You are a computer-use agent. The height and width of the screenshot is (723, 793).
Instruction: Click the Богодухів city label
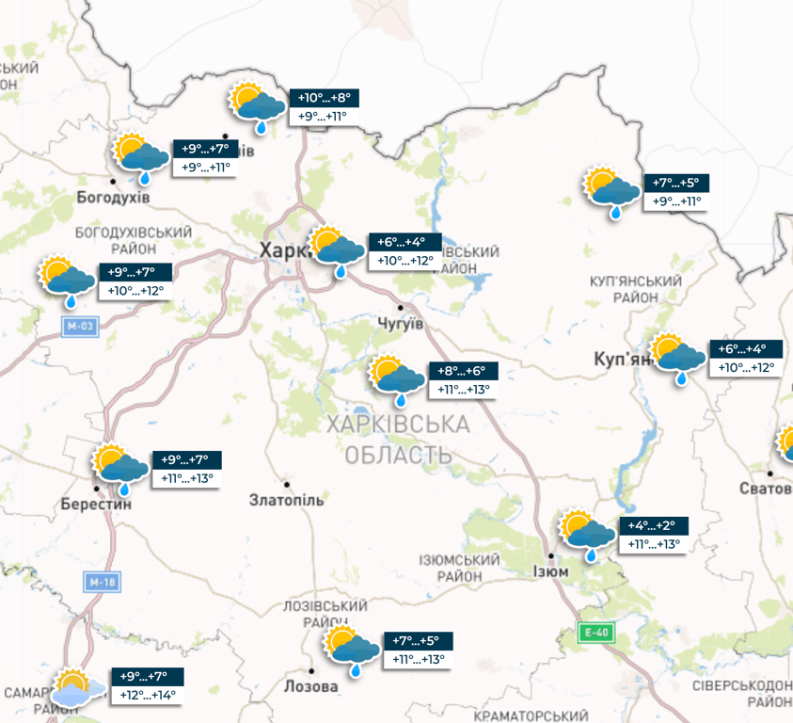point(113,198)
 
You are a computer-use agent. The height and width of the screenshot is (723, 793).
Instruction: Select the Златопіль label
point(287,500)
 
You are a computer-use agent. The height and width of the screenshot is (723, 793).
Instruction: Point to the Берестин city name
point(96,504)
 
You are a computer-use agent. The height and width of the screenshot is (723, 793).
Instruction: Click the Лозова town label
point(310,686)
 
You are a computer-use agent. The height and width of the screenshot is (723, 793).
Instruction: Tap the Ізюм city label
point(550,571)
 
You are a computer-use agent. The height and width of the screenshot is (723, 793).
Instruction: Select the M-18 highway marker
point(103,582)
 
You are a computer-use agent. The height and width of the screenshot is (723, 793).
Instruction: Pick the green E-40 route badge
point(595,634)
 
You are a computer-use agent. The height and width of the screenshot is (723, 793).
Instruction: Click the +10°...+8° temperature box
point(325,98)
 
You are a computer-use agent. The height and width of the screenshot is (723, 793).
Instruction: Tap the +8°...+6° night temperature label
point(463,371)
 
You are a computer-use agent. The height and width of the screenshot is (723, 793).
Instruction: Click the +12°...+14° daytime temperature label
point(148,696)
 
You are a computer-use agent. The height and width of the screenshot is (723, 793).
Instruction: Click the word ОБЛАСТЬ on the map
point(399,456)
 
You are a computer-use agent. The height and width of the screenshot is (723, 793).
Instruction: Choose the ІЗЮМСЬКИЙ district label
point(463,561)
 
